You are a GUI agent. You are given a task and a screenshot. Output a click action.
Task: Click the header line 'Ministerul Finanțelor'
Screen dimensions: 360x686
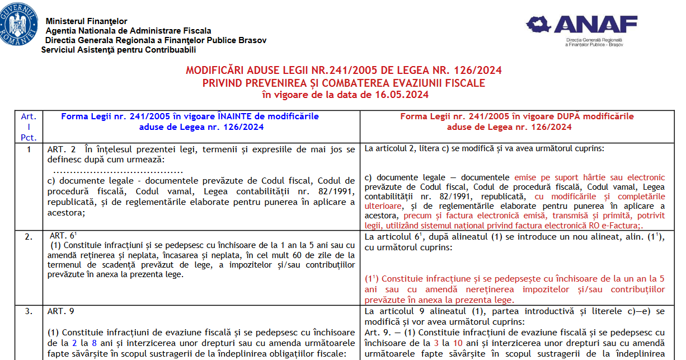[x=86, y=21]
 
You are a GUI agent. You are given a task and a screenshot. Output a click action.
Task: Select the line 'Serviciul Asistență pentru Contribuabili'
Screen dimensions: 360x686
[x=119, y=50]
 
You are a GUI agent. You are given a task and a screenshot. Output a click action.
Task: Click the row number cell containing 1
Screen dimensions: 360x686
[x=29, y=149]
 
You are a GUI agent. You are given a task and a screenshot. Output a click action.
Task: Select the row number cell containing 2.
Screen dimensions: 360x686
[x=29, y=237]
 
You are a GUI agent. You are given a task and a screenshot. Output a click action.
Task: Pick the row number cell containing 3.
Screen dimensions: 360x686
[x=29, y=311]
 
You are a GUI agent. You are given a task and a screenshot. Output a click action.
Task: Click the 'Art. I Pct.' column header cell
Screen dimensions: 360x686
[x=29, y=127]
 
